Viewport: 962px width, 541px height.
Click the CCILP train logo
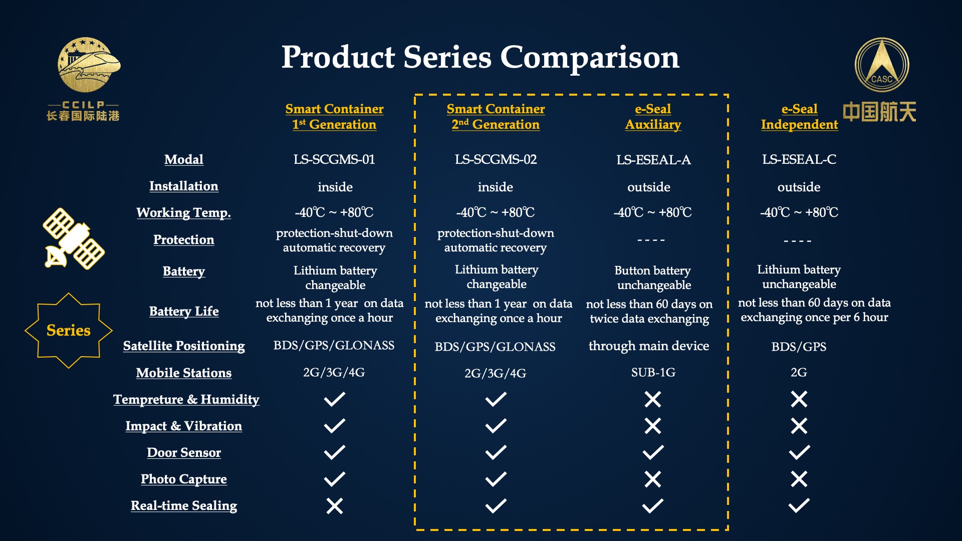click(89, 64)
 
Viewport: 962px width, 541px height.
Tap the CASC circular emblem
click(881, 65)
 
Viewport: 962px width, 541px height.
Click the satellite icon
click(74, 238)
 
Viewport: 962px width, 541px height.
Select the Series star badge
click(69, 331)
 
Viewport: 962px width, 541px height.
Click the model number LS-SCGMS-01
click(334, 160)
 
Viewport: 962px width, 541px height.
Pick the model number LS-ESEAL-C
click(799, 160)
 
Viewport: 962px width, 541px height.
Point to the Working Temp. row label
click(183, 213)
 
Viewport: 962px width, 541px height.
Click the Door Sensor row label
click(184, 452)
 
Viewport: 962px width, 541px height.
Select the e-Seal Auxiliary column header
click(653, 117)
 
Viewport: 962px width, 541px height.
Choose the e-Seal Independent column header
click(799, 117)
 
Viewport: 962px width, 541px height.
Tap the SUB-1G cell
click(653, 373)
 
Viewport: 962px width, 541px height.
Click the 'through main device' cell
click(649, 346)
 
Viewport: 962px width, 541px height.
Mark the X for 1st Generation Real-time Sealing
click(335, 506)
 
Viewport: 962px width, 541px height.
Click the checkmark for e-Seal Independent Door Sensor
click(799, 452)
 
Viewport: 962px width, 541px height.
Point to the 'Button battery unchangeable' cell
click(653, 278)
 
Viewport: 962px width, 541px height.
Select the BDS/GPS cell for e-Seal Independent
click(799, 347)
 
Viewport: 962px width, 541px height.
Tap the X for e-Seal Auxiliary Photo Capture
click(653, 479)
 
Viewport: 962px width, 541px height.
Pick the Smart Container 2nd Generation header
click(496, 117)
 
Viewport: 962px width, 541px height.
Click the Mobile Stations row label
click(184, 373)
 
